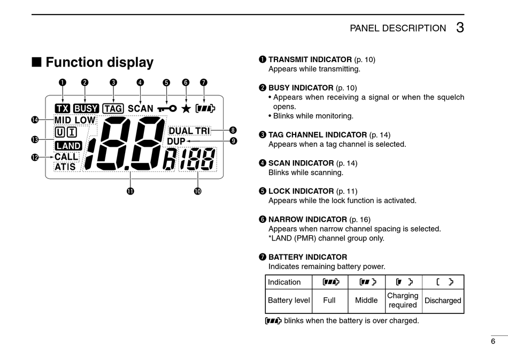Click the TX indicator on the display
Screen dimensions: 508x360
coord(63,109)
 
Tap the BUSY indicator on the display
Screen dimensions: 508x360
coord(86,109)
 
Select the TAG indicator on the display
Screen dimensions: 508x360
coord(113,109)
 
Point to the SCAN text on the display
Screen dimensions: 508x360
coord(141,109)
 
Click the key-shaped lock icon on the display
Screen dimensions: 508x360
coord(166,109)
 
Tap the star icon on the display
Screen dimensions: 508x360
coord(186,109)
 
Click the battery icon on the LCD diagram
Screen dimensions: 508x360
coord(205,109)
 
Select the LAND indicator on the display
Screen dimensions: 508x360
coord(68,146)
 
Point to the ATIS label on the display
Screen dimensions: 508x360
coord(65,167)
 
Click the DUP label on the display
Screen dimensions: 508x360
coord(176,141)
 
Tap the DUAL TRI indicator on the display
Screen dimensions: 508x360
coord(189,131)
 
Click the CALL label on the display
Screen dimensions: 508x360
coord(66,157)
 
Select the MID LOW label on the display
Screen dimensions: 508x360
coord(74,121)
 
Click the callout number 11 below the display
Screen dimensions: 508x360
coord(130,191)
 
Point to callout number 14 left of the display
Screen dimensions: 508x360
coord(35,120)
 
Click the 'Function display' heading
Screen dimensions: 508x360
coord(99,63)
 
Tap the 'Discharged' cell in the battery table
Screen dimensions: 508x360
coord(443,301)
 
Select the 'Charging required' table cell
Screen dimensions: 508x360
coord(403,300)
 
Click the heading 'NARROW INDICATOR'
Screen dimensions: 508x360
coord(307,219)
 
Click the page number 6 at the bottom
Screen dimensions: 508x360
coord(492,341)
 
